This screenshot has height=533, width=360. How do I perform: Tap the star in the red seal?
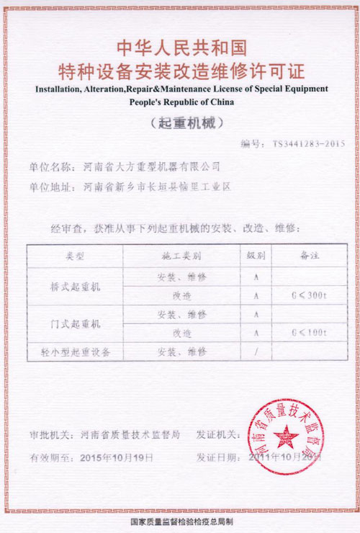pos(287,437)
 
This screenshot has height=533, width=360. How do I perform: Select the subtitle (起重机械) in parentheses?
pos(181,122)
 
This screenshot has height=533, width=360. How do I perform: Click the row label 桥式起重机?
pos(76,286)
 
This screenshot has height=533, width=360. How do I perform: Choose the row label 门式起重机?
pos(76,324)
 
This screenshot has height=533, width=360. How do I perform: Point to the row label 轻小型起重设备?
pos(76,352)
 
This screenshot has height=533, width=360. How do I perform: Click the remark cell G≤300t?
pos(309,295)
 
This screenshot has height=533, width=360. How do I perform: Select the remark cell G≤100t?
pos(309,333)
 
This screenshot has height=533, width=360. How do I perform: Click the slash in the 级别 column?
pos(256,352)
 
